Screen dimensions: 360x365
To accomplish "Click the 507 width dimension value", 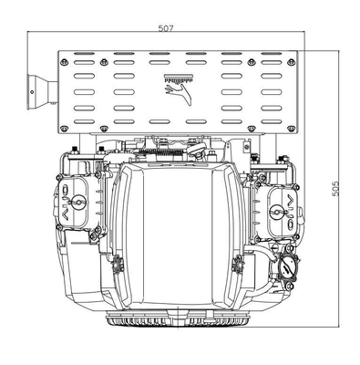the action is point(166,28).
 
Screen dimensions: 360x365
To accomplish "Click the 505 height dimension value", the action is point(335,189).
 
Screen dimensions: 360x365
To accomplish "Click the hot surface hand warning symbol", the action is point(179,89).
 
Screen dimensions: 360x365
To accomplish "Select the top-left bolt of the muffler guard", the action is point(64,62).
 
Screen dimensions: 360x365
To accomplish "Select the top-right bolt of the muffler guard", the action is point(292,62).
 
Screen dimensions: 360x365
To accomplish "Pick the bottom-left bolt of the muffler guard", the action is point(64,129).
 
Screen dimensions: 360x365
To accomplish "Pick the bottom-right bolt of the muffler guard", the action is point(291,129).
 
